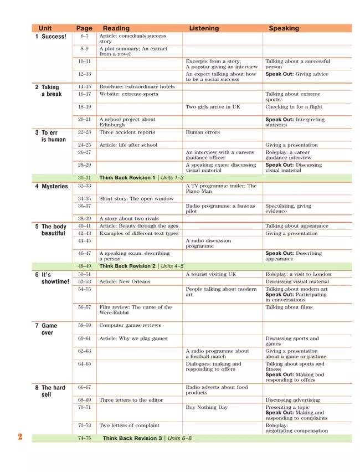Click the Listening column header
tap(204, 28)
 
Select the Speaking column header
tap(284, 28)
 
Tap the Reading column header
tap(116, 28)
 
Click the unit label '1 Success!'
tap(50, 37)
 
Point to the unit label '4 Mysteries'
tap(52, 186)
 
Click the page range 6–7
tap(84, 36)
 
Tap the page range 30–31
tap(84, 177)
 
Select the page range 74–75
tap(84, 438)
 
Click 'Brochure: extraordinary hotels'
tap(137, 87)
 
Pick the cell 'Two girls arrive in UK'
tap(213, 107)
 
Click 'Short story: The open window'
tap(136, 198)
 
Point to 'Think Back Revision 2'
tap(127, 266)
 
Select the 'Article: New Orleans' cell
tap(125, 281)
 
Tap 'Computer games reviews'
tap(130, 326)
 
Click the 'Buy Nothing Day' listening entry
tap(207, 407)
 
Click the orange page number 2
tap(20, 437)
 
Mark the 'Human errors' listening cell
tap(203, 132)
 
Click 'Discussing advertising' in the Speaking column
tap(292, 400)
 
